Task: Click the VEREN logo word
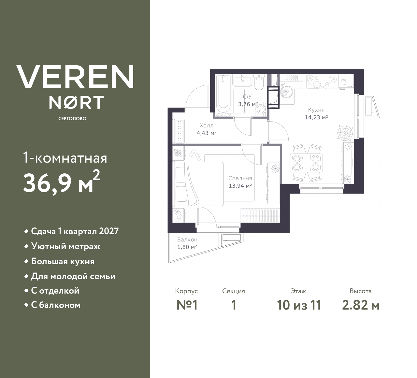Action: (75, 77)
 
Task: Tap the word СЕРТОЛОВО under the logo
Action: (72, 119)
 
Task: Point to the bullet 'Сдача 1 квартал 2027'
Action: (75, 231)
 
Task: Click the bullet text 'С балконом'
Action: (55, 305)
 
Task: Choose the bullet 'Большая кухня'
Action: (63, 262)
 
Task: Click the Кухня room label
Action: (316, 110)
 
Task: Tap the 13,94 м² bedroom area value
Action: (240, 186)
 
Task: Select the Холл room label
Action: (207, 125)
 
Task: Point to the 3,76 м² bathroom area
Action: (248, 104)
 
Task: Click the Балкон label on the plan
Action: (187, 240)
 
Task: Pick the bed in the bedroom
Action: (199, 184)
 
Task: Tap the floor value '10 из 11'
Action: (299, 305)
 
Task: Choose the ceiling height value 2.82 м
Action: (361, 305)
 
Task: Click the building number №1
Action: (187, 305)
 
